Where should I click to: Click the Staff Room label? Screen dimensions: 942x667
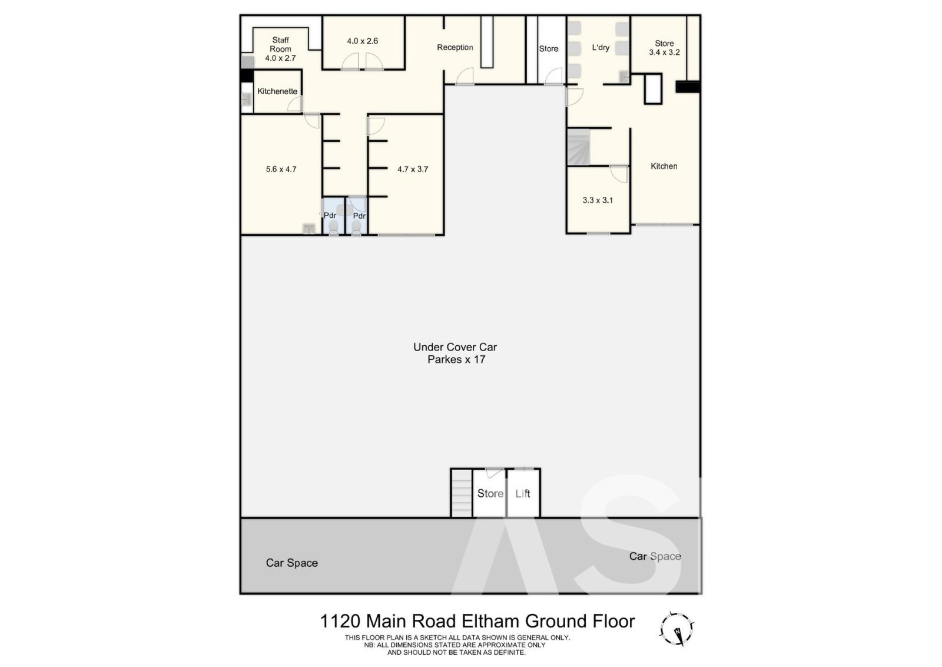(280, 45)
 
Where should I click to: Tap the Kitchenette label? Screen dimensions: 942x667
(277, 91)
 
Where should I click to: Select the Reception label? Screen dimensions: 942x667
(455, 48)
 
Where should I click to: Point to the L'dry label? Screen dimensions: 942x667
(601, 48)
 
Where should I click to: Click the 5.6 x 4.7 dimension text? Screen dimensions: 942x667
(281, 169)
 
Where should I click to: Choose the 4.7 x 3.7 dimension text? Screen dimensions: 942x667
(413, 169)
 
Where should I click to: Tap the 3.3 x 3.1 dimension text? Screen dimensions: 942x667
(598, 200)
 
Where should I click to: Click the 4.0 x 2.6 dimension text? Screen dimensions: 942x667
(362, 41)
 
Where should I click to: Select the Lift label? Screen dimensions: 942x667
(523, 493)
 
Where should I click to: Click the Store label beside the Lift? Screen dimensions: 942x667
(490, 493)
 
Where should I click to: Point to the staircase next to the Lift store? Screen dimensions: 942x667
(462, 493)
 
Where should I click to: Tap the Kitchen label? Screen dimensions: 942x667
(664, 166)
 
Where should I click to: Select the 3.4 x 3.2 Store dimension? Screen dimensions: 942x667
(665, 52)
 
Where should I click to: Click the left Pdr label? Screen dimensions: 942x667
(330, 216)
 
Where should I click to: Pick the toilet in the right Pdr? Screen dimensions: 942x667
(356, 227)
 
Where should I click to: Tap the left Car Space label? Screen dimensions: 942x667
(292, 563)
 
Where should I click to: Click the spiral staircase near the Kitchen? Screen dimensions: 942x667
(579, 147)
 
